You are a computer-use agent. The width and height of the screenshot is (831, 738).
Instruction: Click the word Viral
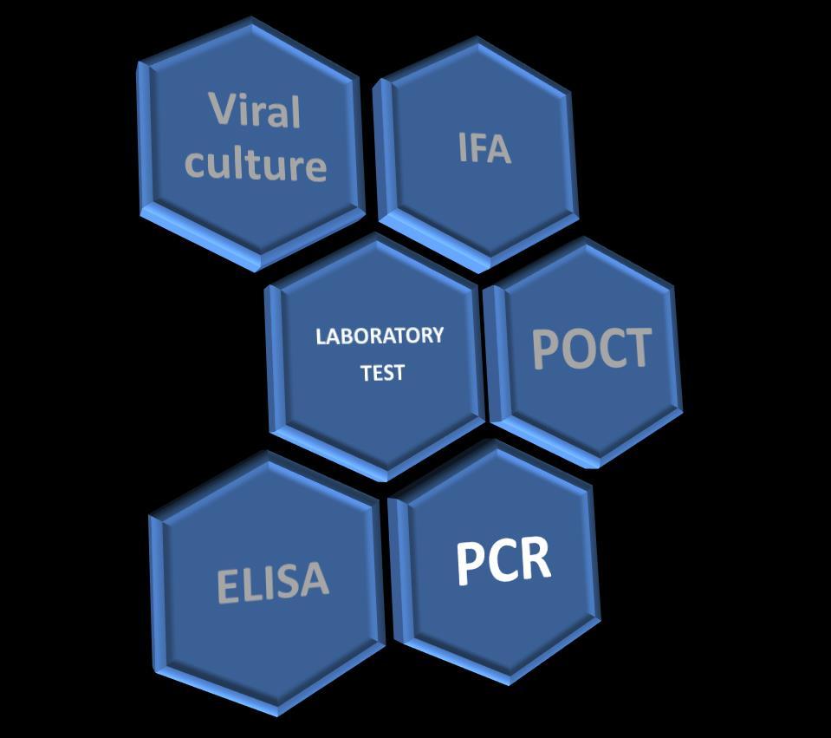pyautogui.click(x=255, y=111)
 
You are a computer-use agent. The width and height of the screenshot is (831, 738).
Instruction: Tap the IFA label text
pyautogui.click(x=484, y=149)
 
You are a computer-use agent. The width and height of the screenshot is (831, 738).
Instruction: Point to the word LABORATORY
pyautogui.click(x=380, y=336)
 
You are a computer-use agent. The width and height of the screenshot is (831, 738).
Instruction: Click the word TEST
pyautogui.click(x=382, y=373)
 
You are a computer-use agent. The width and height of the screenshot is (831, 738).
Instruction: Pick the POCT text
pyautogui.click(x=591, y=349)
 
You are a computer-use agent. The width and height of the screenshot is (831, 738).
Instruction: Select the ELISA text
pyautogui.click(x=272, y=582)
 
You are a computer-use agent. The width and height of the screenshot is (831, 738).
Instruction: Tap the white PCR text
pyautogui.click(x=503, y=561)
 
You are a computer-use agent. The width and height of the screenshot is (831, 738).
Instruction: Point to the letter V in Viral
pyautogui.click(x=222, y=108)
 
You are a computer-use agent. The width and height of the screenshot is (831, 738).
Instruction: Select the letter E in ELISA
pyautogui.click(x=227, y=587)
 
